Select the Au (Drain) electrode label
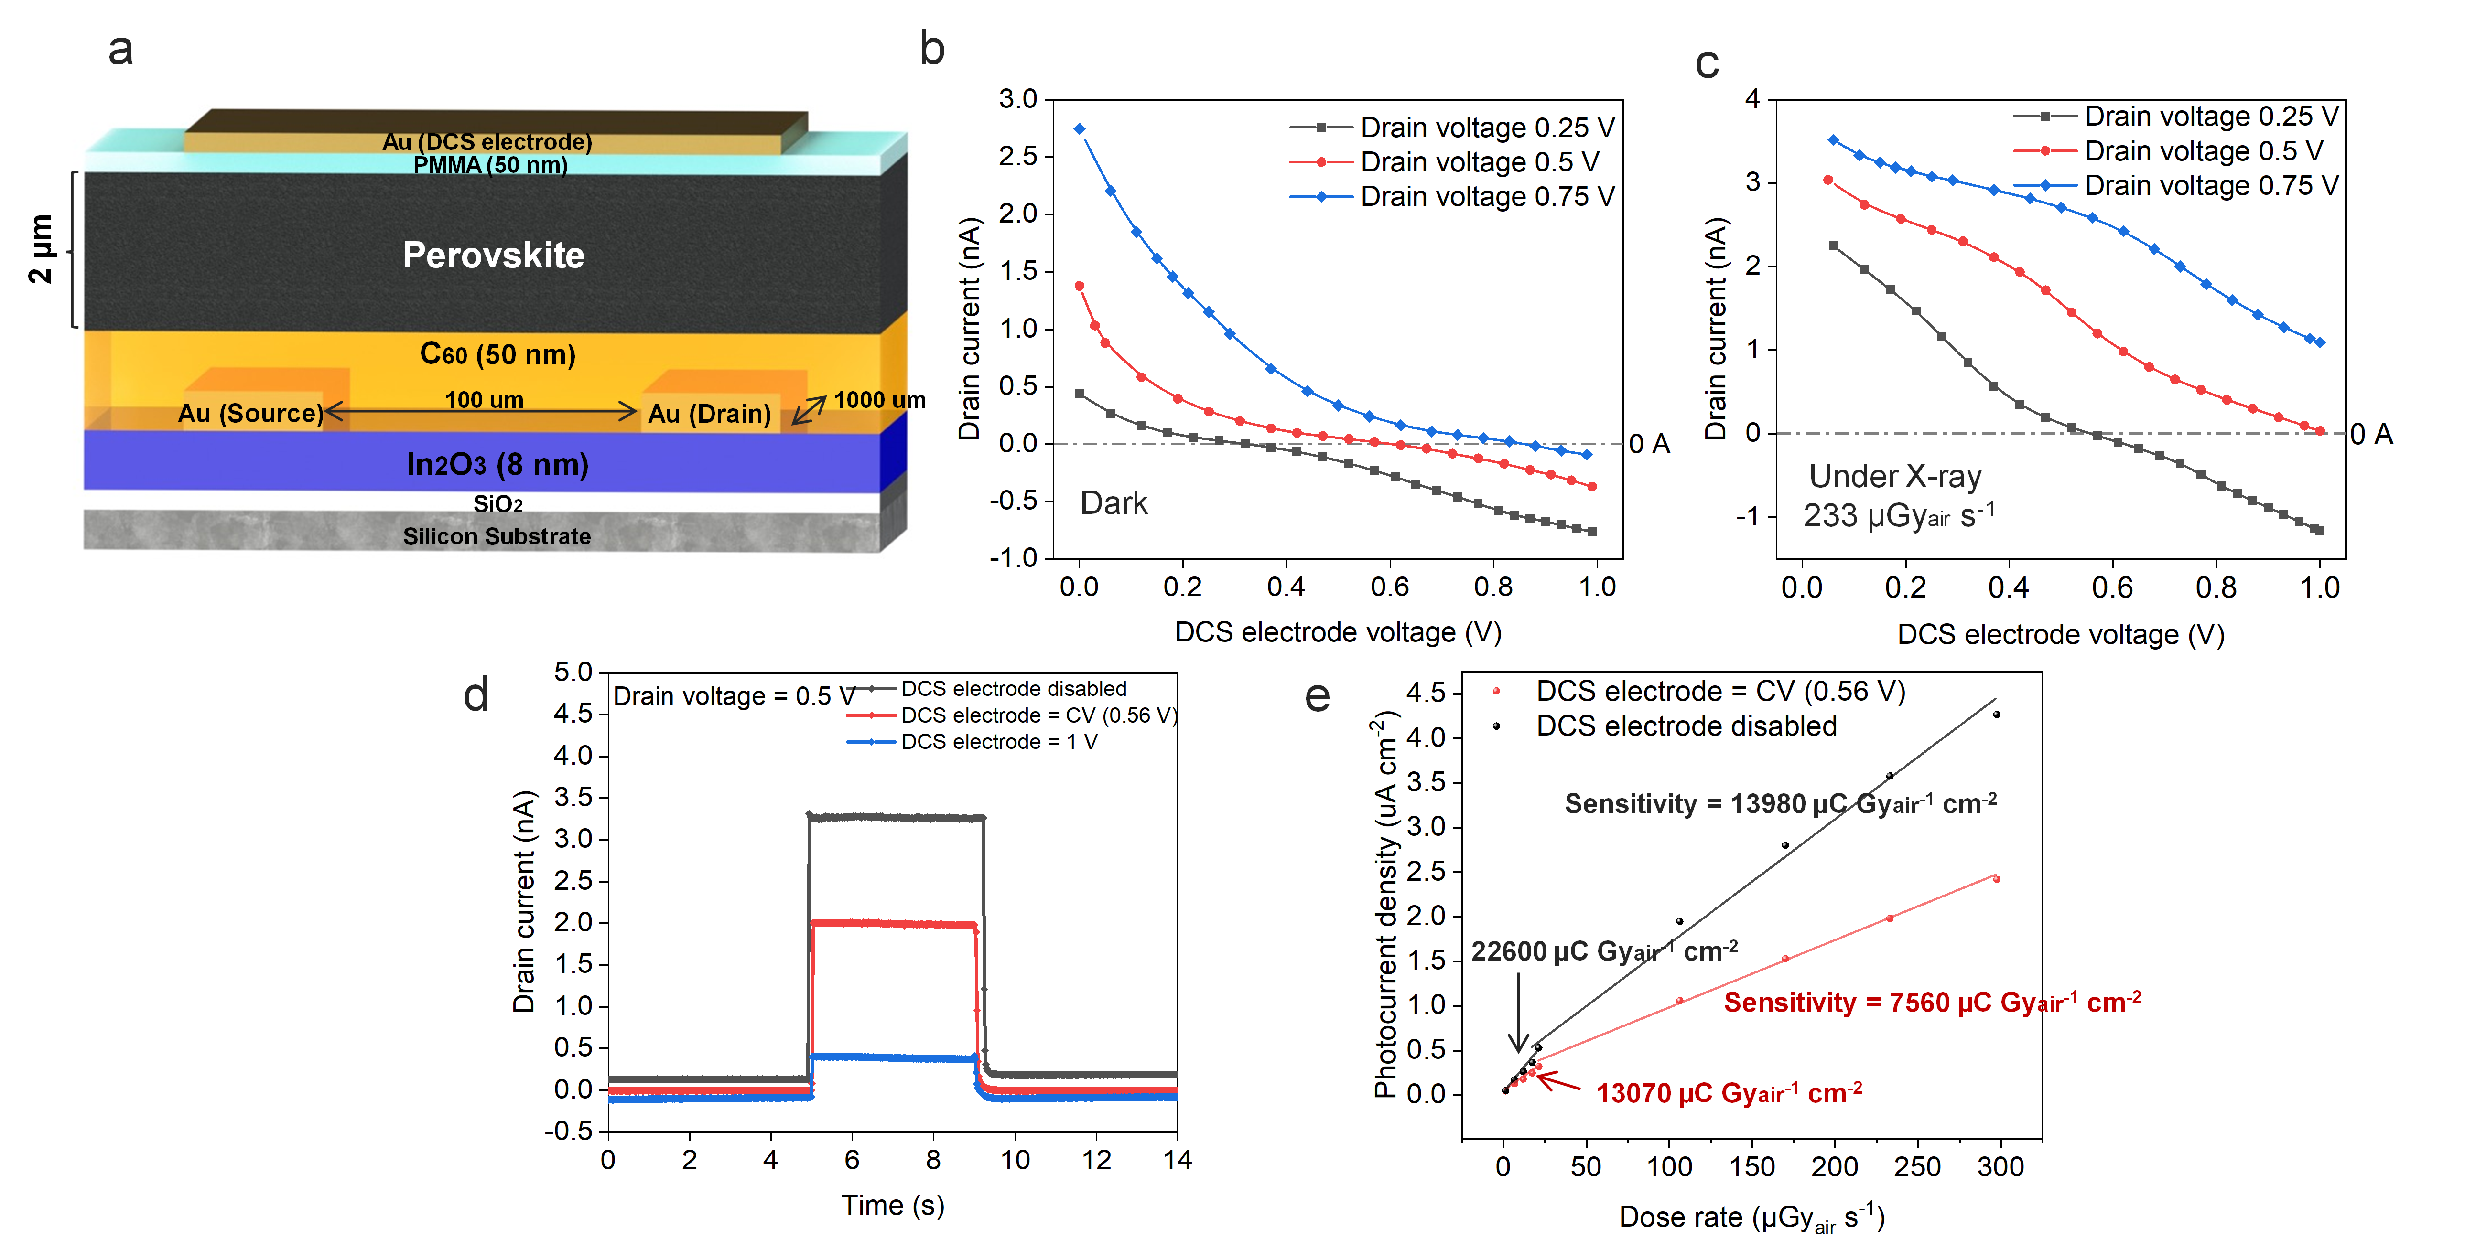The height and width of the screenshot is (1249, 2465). pyautogui.click(x=709, y=413)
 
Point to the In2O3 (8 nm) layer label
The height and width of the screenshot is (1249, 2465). pyautogui.click(x=497, y=465)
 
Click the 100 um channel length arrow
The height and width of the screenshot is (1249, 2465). pyautogui.click(x=483, y=411)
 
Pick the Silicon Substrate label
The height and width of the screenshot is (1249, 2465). pyautogui.click(x=497, y=536)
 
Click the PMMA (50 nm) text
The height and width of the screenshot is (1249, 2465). pyautogui.click(x=490, y=165)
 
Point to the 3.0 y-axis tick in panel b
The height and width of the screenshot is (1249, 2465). pyautogui.click(x=1018, y=99)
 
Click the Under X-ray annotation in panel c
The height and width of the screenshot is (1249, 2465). pyautogui.click(x=1895, y=476)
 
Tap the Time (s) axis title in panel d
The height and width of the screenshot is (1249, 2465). pyautogui.click(x=892, y=1205)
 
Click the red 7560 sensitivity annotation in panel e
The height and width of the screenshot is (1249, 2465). pyautogui.click(x=1931, y=1002)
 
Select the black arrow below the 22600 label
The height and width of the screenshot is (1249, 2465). pyautogui.click(x=1518, y=1014)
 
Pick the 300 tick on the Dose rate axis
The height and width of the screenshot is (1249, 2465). pyautogui.click(x=2000, y=1167)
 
